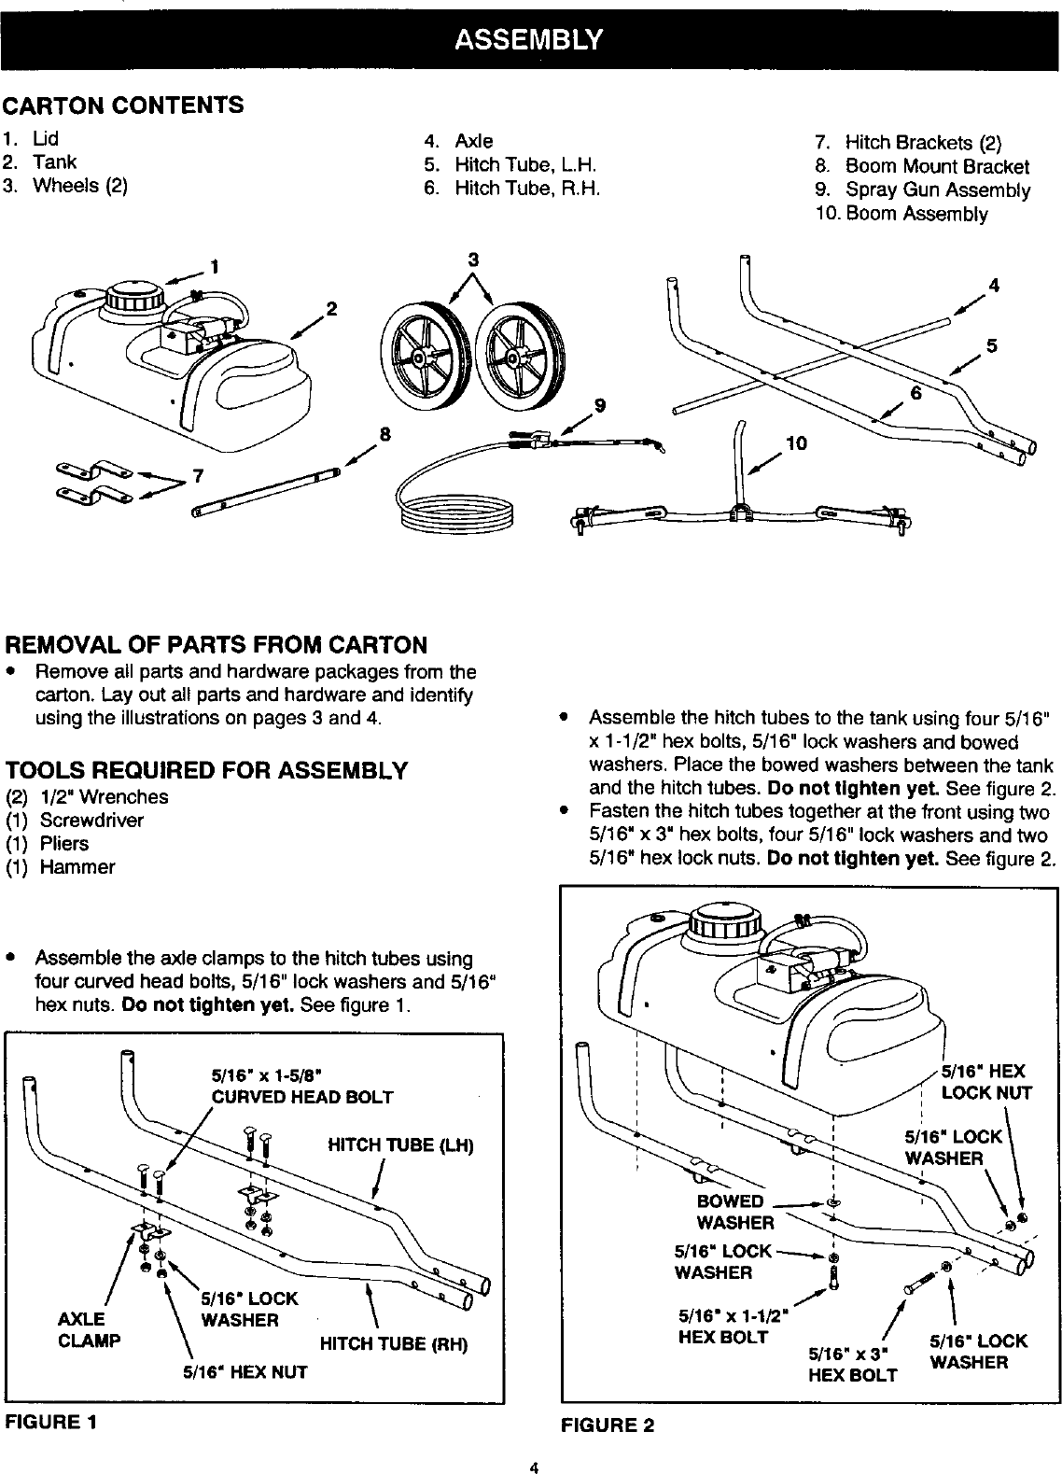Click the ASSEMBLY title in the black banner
(529, 40)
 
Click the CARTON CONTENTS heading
(124, 105)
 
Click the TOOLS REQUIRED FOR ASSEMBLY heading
(206, 771)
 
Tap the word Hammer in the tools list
(77, 867)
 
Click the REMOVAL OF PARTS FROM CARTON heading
(217, 645)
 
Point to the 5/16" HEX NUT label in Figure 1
(245, 1372)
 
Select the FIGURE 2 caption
(608, 1425)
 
